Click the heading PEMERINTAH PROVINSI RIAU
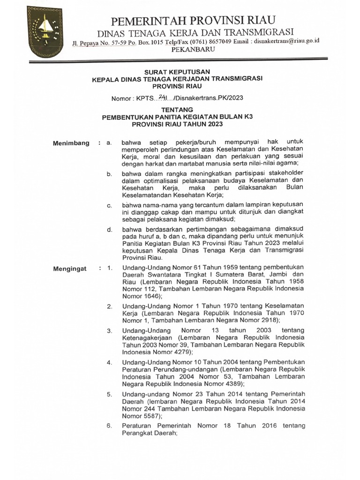193,20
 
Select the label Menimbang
71,143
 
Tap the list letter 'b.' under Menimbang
109,174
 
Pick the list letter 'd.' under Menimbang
109,230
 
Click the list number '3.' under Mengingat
109,331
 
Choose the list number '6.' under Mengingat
109,426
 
